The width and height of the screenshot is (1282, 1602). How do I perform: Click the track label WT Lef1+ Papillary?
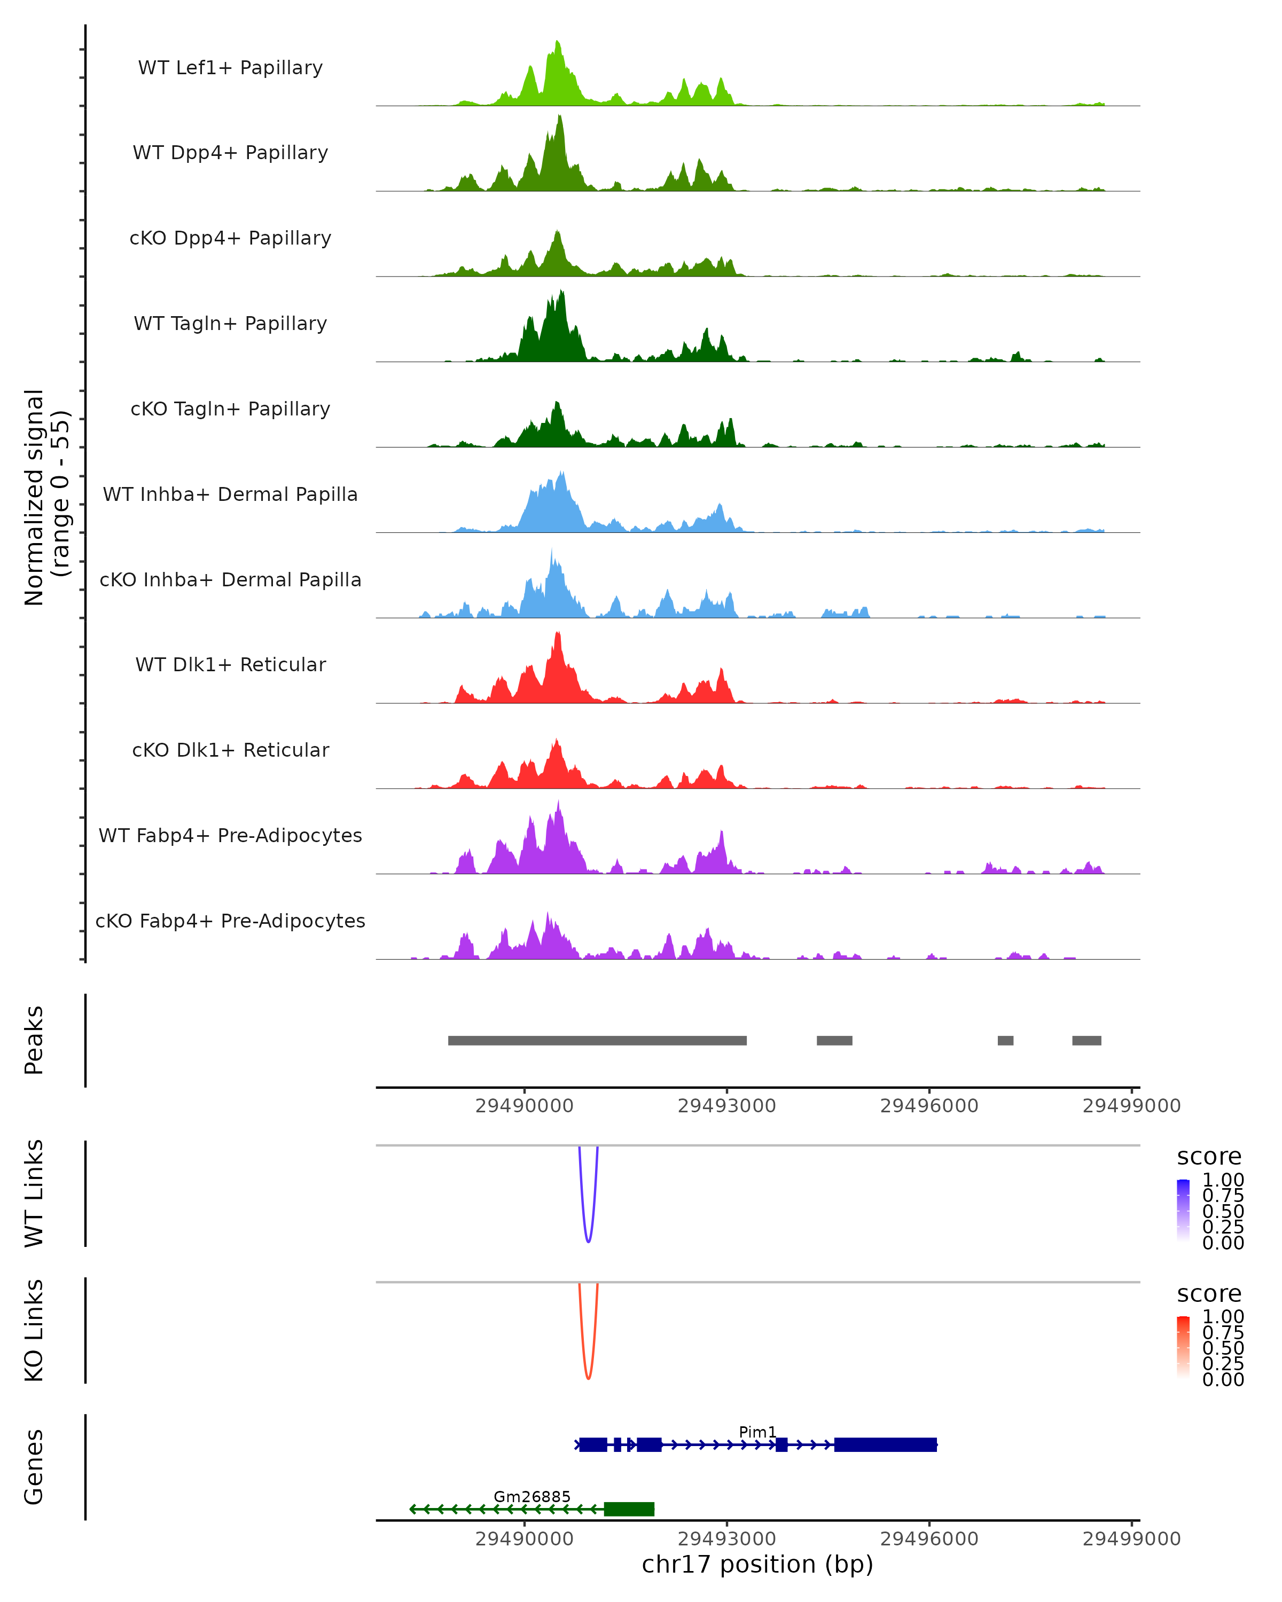(230, 68)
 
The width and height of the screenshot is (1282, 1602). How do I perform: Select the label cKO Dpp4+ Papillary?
(230, 238)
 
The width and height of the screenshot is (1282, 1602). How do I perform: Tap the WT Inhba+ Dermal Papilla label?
(230, 494)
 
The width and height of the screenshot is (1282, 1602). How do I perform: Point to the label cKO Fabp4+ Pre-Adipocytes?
(230, 921)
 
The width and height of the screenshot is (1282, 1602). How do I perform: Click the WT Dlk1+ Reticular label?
(230, 664)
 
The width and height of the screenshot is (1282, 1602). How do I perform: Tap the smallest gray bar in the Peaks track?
(1005, 1040)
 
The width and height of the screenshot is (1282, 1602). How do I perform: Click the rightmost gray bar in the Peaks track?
(1086, 1040)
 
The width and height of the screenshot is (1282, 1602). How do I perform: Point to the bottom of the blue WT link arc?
(588, 1241)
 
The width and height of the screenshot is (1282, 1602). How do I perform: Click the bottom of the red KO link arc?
(588, 1378)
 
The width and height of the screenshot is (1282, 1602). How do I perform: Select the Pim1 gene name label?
(757, 1432)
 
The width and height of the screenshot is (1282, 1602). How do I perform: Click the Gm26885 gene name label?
(532, 1496)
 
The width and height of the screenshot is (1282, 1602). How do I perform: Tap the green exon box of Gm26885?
(629, 1509)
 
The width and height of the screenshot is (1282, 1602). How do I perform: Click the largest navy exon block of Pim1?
(885, 1444)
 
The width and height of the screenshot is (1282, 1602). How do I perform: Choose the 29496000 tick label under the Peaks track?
(929, 1106)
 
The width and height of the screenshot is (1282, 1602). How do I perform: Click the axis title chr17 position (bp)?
(757, 1564)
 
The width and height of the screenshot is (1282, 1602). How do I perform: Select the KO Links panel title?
(34, 1330)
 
